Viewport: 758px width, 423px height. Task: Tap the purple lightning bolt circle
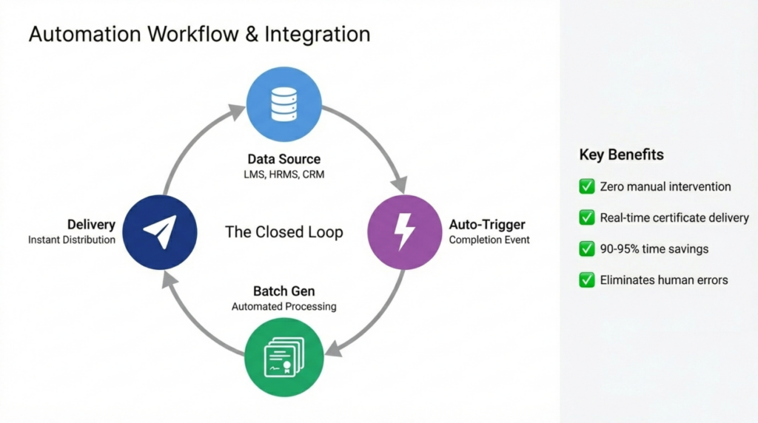point(405,231)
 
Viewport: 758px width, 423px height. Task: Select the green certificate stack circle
point(284,357)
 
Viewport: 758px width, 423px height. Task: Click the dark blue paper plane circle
point(161,231)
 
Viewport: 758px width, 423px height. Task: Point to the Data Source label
point(284,159)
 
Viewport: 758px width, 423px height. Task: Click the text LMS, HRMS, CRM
point(284,175)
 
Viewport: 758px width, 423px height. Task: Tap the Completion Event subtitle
point(489,240)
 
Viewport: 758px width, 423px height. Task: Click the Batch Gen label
point(284,291)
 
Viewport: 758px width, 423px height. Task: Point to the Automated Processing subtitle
point(284,306)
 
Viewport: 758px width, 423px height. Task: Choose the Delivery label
point(91,224)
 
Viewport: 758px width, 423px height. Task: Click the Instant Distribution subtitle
point(72,240)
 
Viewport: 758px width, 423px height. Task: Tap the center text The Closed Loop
point(284,232)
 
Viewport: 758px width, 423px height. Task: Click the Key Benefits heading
point(621,155)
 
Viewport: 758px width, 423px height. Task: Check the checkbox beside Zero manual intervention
point(587,186)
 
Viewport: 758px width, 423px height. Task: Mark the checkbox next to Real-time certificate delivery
point(587,217)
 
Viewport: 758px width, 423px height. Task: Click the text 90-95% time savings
point(654,248)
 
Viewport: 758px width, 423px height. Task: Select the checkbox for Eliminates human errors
point(587,280)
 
